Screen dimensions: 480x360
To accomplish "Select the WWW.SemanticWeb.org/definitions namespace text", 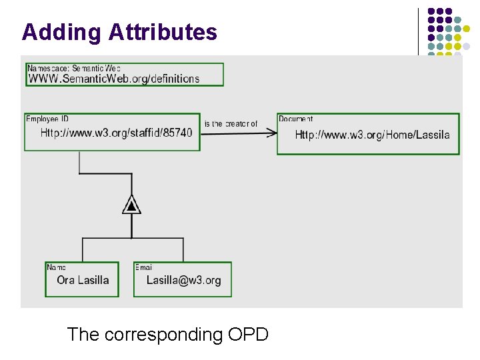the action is pyautogui.click(x=113, y=79).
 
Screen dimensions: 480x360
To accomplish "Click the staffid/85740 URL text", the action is pyautogui.click(x=116, y=133).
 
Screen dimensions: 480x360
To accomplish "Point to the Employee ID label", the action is pyautogui.click(x=47, y=119).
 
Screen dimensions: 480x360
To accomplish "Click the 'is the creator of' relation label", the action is pyautogui.click(x=231, y=124).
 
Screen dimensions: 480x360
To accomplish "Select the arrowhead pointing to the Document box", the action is pyautogui.click(x=271, y=133).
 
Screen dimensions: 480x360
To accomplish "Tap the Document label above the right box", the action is pyautogui.click(x=295, y=119).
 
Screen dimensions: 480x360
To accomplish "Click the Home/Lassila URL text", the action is pyautogui.click(x=372, y=135).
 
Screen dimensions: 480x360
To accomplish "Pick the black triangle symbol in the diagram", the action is pyautogui.click(x=132, y=205).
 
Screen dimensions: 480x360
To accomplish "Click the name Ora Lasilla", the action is pyautogui.click(x=83, y=280).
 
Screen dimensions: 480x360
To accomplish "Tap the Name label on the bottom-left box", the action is pyautogui.click(x=56, y=267).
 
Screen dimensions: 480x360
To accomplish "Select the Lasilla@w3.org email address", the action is pyautogui.click(x=183, y=280).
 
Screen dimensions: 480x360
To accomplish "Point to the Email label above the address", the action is pyautogui.click(x=143, y=267).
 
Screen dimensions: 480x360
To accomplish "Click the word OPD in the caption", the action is pyautogui.click(x=248, y=334).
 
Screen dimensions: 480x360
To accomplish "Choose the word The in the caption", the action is pyautogui.click(x=83, y=334).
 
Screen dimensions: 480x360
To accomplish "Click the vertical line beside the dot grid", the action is pyautogui.click(x=418, y=31).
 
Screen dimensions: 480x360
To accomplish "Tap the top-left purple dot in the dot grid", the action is pyautogui.click(x=431, y=12).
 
